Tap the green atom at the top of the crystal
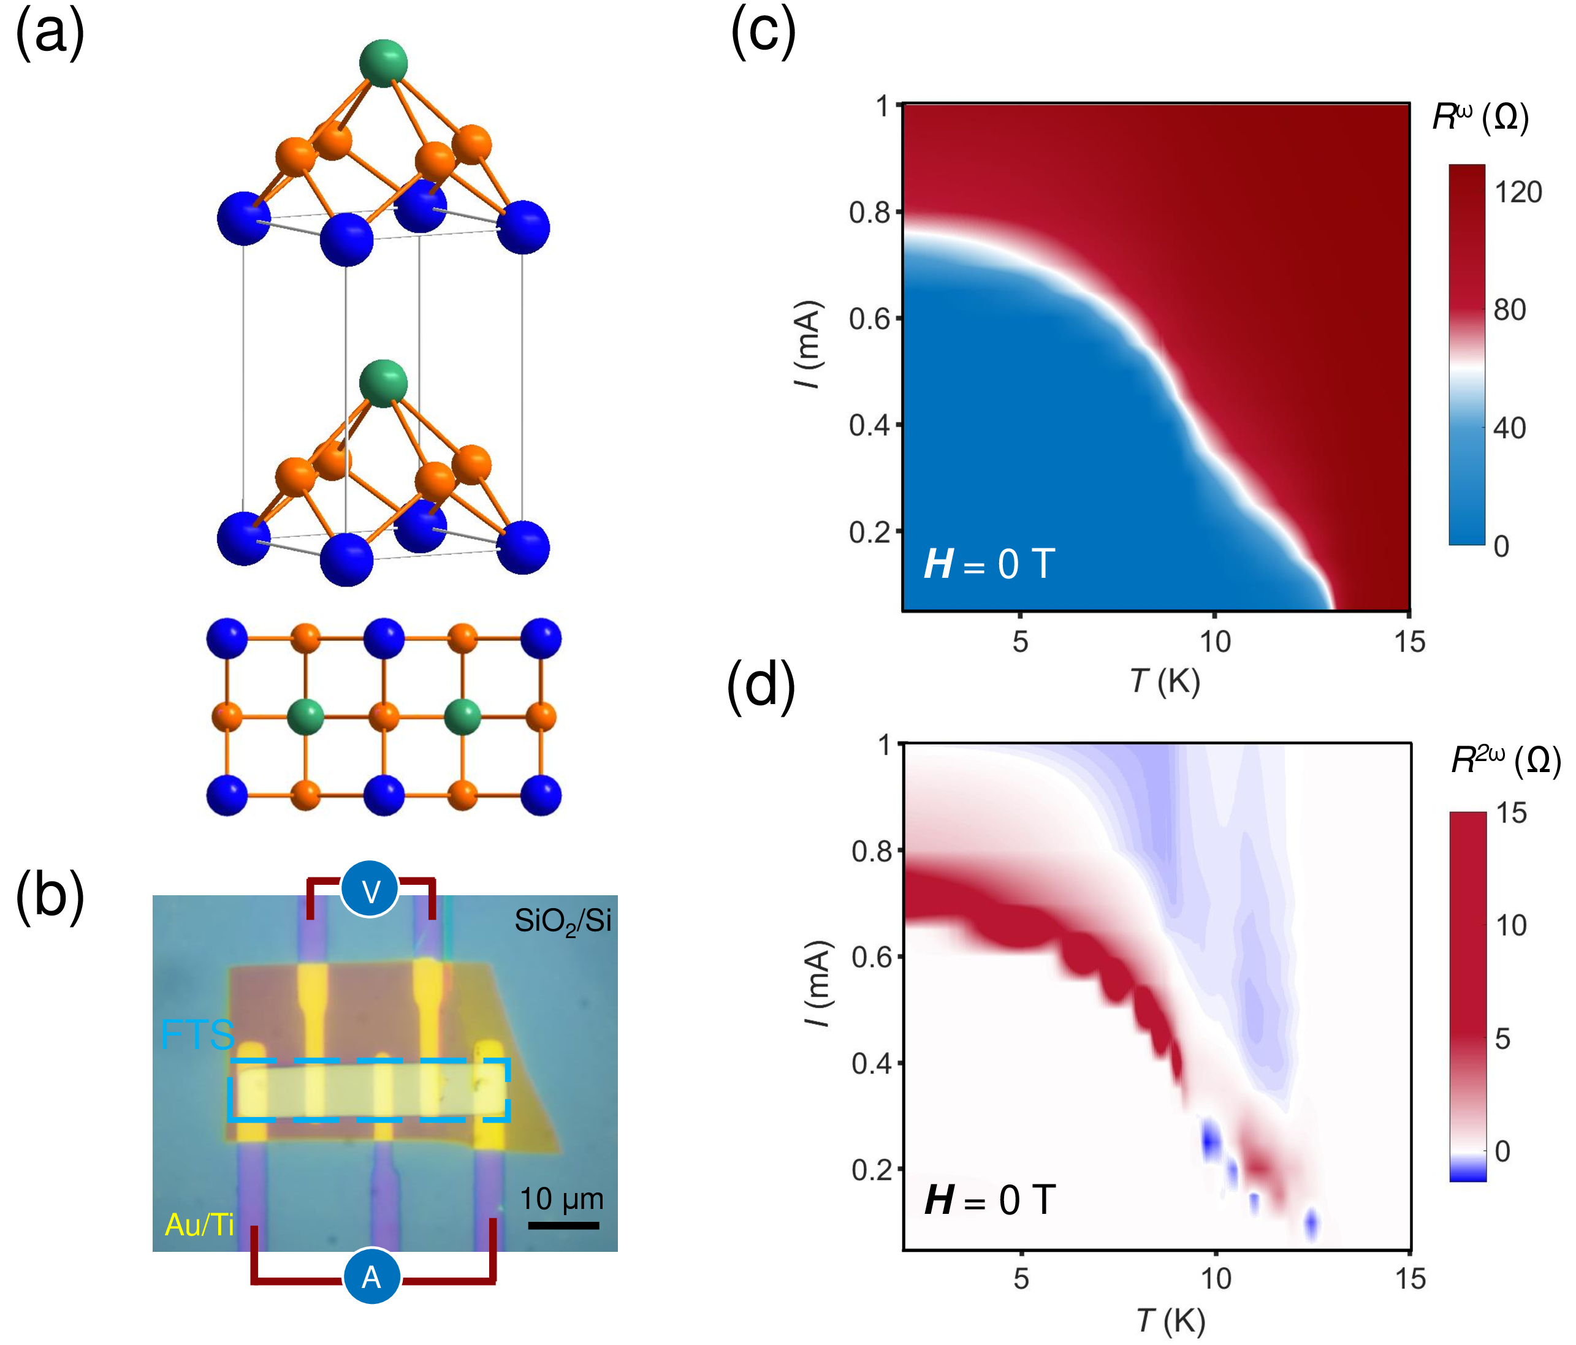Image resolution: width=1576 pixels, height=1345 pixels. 383,63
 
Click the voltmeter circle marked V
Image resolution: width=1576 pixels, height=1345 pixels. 370,890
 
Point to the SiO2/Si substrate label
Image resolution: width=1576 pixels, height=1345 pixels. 563,922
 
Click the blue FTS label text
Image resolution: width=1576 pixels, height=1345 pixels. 197,1035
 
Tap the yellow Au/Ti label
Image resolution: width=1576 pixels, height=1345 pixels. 199,1225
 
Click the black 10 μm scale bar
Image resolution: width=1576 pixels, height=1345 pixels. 563,1225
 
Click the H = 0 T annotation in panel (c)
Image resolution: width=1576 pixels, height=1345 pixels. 989,564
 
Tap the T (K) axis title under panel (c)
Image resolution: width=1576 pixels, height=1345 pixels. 1165,681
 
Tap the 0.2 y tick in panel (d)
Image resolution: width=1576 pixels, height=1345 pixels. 872,1169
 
